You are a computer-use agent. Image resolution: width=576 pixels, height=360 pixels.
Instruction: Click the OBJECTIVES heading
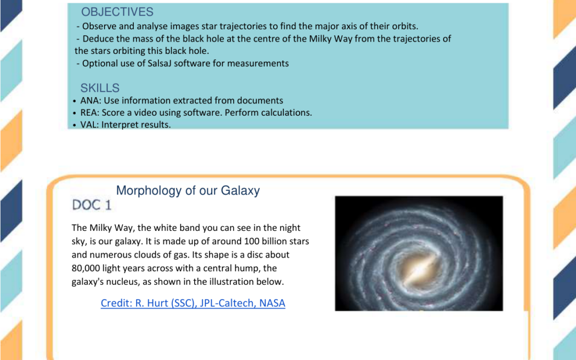click(117, 12)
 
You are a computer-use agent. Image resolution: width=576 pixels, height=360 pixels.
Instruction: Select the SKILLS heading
click(100, 88)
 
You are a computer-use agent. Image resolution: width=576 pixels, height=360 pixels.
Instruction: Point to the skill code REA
click(89, 113)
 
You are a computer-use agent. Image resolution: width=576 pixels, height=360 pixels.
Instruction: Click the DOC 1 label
click(92, 204)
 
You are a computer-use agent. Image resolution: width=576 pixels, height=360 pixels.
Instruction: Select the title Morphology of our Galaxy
click(188, 191)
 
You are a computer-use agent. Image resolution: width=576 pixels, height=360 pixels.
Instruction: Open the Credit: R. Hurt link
click(193, 303)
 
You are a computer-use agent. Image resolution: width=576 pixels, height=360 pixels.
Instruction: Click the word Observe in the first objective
click(99, 27)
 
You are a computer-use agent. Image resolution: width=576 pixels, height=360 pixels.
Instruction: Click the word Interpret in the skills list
click(119, 125)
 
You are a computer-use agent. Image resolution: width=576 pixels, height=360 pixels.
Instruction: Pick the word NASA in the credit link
click(273, 303)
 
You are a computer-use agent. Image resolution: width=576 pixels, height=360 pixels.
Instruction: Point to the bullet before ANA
click(74, 101)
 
